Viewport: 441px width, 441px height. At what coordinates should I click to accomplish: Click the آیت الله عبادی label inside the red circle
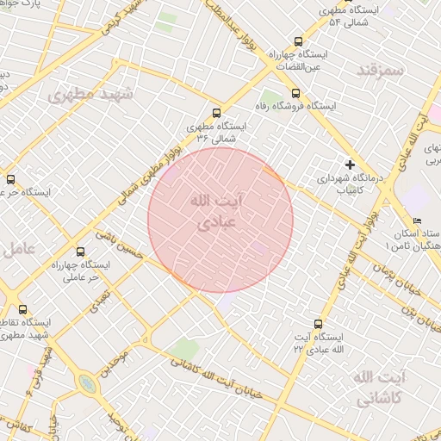(215, 210)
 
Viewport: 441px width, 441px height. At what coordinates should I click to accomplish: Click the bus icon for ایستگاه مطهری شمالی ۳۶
(215, 113)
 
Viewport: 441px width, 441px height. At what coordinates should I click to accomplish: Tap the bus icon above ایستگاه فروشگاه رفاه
(296, 93)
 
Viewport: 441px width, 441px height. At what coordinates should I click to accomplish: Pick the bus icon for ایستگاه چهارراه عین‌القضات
(299, 40)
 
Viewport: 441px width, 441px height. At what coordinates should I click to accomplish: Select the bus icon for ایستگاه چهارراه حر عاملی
(81, 252)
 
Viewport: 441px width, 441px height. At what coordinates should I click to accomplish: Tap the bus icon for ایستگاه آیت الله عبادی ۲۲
(319, 324)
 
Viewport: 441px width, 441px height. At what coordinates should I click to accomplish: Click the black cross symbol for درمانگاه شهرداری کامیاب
(350, 164)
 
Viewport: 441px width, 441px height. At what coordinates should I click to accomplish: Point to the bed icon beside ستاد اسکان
(418, 220)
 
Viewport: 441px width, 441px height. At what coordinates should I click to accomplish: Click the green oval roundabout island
(86, 382)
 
